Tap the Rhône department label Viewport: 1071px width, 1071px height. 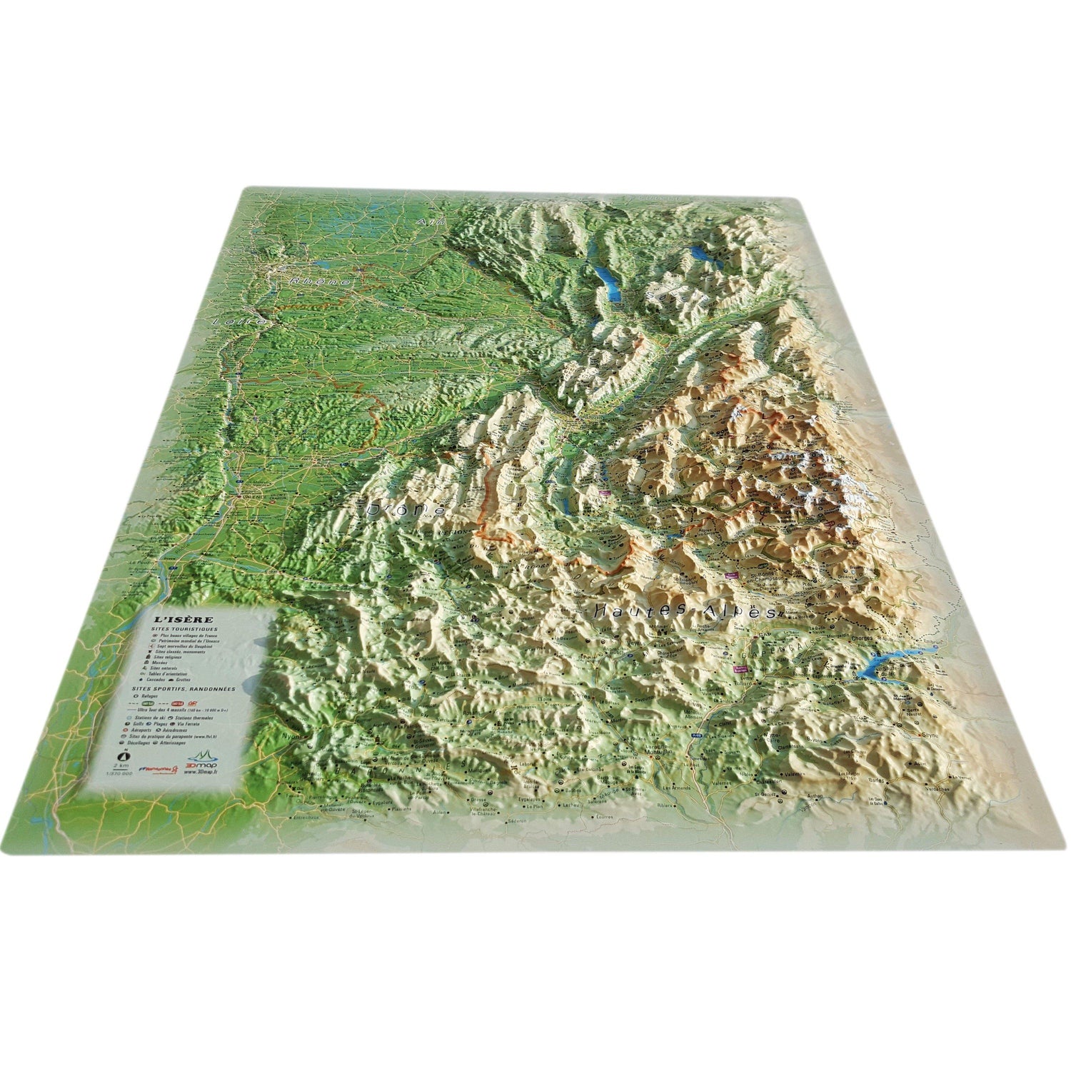[321, 282]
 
